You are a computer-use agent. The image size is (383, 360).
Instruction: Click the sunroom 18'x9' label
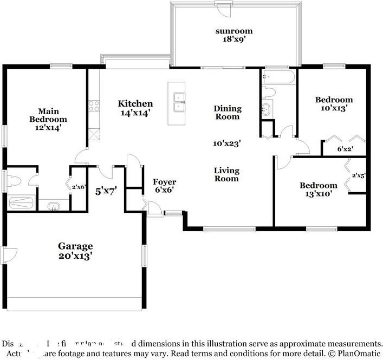235,35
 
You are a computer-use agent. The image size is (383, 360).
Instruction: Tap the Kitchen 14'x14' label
135,108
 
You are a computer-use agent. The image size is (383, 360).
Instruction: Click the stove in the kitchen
94,106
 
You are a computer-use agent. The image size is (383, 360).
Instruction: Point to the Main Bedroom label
48,119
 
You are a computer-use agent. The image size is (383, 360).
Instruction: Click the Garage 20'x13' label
75,250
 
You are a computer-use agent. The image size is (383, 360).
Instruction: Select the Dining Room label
227,113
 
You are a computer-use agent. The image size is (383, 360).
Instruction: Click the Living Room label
226,174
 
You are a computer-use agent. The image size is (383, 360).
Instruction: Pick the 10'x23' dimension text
226,143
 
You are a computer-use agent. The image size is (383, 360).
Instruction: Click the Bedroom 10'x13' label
334,103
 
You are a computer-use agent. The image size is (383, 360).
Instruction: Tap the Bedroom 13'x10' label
318,189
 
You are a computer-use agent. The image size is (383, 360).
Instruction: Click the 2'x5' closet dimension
359,175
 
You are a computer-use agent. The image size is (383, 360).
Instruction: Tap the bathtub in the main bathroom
22,203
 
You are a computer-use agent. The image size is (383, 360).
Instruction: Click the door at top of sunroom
223,4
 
